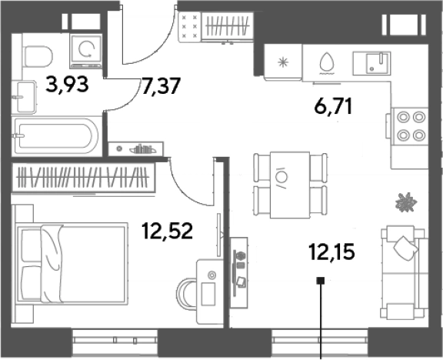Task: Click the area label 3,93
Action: click(x=67, y=84)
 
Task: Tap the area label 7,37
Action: click(x=161, y=86)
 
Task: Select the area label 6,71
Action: click(x=333, y=107)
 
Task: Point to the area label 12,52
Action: click(x=168, y=231)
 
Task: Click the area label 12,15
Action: click(x=331, y=252)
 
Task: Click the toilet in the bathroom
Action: click(x=38, y=56)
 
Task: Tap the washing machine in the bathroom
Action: click(x=86, y=51)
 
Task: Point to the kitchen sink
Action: click(x=371, y=63)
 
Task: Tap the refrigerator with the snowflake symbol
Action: click(x=283, y=62)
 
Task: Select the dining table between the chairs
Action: click(x=290, y=185)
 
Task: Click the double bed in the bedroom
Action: click(x=71, y=263)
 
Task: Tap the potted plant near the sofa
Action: click(x=406, y=202)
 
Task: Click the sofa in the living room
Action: click(x=404, y=272)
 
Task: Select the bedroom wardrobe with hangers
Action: click(x=83, y=178)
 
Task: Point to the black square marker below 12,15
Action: click(x=321, y=281)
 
